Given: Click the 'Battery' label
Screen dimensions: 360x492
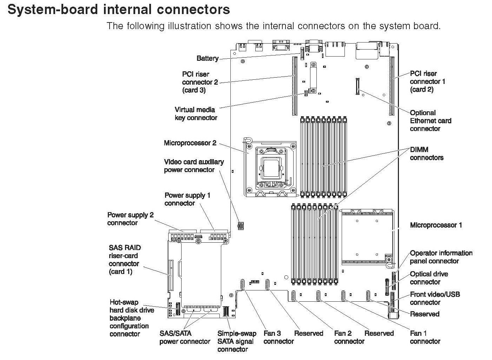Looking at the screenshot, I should [x=207, y=58].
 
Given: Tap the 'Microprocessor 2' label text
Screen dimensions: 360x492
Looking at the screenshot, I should [x=190, y=143].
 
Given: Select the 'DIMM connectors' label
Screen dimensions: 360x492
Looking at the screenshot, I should [x=426, y=153].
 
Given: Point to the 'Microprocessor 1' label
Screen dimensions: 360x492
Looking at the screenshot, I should [x=436, y=225].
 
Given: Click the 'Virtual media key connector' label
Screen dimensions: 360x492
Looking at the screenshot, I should [x=196, y=113].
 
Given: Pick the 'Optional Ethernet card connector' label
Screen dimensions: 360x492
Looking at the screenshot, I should [x=430, y=120].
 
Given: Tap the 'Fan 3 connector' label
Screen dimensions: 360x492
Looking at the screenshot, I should [x=278, y=337].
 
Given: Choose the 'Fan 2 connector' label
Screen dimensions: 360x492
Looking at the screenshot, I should [x=349, y=337].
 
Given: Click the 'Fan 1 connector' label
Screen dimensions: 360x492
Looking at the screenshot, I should [x=425, y=337].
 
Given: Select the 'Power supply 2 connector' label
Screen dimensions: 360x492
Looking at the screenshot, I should [x=130, y=218].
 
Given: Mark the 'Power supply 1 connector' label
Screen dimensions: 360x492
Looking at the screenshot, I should [x=187, y=199].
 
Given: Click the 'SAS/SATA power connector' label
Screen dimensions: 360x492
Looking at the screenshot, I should [x=184, y=337].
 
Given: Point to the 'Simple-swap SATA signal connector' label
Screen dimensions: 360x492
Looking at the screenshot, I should [x=236, y=341].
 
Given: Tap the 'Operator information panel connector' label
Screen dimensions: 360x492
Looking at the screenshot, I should [x=441, y=257].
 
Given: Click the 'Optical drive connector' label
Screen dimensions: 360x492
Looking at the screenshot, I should [x=429, y=278].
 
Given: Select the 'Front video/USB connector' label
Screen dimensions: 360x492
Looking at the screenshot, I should [x=434, y=298].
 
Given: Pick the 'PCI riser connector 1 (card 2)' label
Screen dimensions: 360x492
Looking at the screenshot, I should [x=427, y=81].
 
